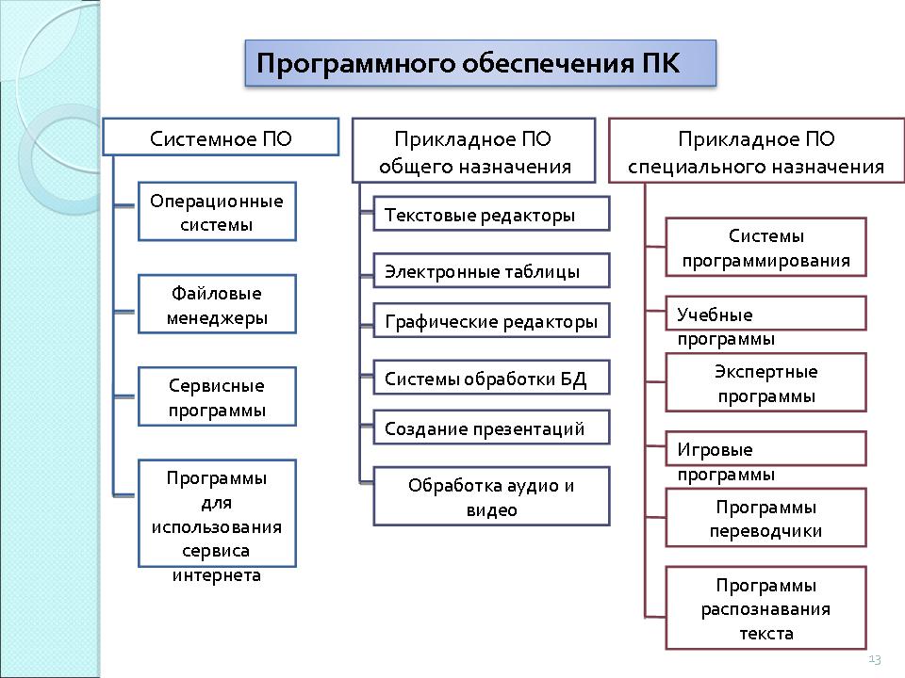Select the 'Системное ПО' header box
tap(221, 137)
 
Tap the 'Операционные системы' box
tap(217, 212)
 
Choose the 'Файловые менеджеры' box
tap(217, 304)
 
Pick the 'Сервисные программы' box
tap(217, 396)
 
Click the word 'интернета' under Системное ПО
tap(217, 574)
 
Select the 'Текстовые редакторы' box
tap(491, 214)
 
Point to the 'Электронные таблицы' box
tap(491, 271)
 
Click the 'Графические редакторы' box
tap(491, 321)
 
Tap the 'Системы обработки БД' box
tap(491, 378)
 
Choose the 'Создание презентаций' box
tap(491, 428)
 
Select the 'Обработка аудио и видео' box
tap(491, 496)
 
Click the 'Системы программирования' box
tap(765, 247)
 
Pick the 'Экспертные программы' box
tap(765, 382)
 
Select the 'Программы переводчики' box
tap(765, 518)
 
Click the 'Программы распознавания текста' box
tap(765, 607)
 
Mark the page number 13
tap(874, 658)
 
